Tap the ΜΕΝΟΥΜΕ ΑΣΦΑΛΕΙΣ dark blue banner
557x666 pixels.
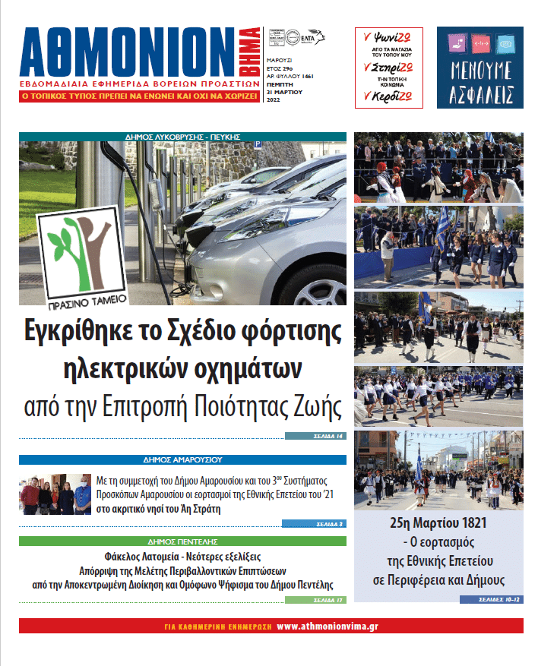[479, 67]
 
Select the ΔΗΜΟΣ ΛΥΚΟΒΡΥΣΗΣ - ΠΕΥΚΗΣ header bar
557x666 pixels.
[182, 137]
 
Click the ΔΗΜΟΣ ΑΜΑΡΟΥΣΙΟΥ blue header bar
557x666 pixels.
[182, 459]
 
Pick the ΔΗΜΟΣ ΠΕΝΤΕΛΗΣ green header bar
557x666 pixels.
[182, 541]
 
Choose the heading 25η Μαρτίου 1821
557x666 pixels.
[438, 523]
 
